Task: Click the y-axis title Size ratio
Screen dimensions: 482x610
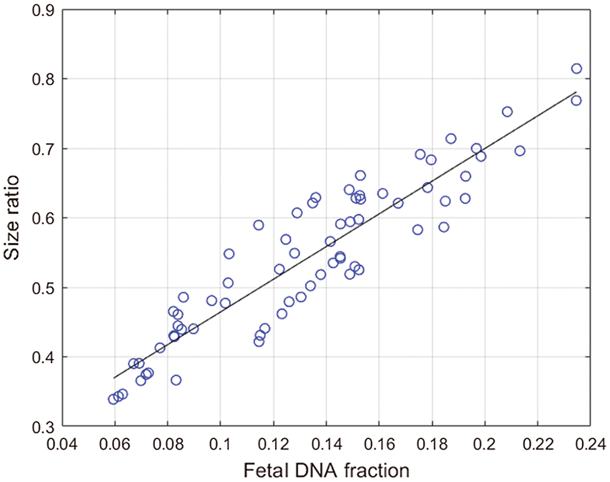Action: [x=17, y=218]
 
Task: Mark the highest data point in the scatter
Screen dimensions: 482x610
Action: [x=576, y=69]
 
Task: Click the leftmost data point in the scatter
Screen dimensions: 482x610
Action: [x=113, y=399]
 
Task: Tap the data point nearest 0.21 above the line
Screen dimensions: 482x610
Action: [x=507, y=112]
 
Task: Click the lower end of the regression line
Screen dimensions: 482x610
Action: [x=113, y=378]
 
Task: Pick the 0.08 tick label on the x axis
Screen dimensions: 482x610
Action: [x=167, y=442]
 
